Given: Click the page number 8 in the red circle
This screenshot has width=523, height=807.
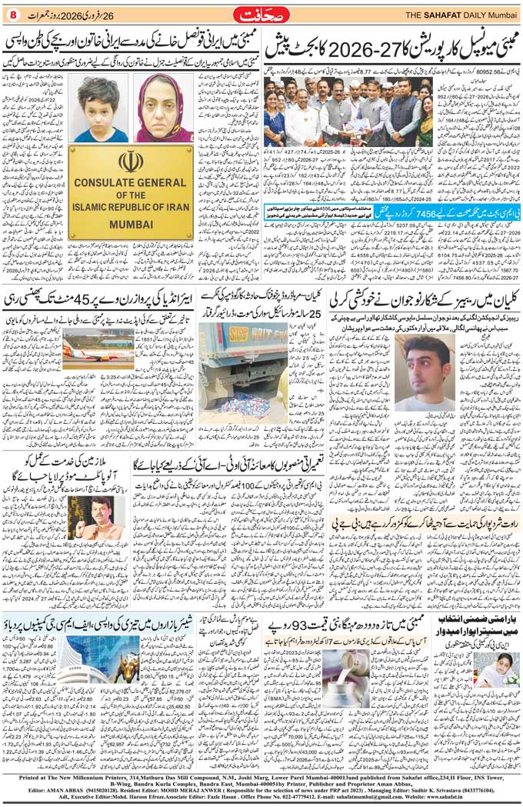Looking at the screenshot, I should click(12, 13).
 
